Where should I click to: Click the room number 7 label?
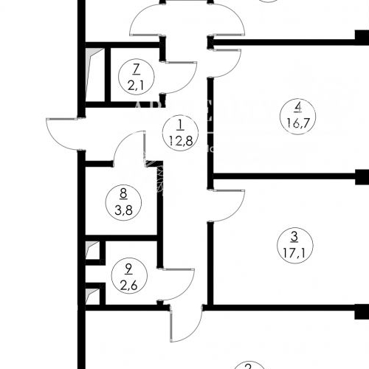(135, 69)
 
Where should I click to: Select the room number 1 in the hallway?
(179, 123)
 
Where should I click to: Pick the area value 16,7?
(294, 123)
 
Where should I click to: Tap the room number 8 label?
(123, 195)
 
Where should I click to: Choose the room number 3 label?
(294, 237)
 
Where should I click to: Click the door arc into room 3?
(229, 205)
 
